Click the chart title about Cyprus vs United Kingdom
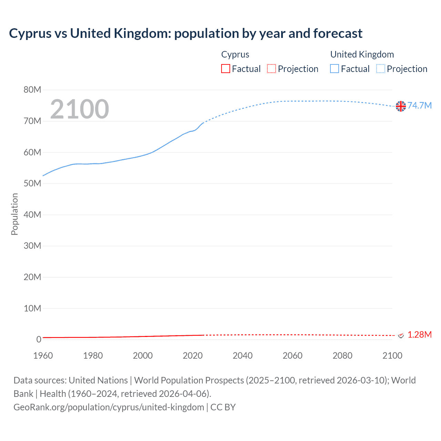coord(185,33)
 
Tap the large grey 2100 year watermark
coord(80,109)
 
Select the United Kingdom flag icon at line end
coord(401,106)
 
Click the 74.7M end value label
coord(419,105)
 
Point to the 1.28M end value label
coord(419,335)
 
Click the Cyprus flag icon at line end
coord(401,335)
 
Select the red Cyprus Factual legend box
coord(225,69)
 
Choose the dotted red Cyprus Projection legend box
coord(271,69)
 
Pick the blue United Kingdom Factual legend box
coord(335,69)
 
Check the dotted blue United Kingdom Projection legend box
coord(381,69)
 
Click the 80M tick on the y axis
coord(32,90)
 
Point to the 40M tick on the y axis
coord(32,215)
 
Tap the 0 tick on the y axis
coord(39,339)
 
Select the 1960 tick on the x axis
coord(43,356)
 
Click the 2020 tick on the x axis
coord(193,356)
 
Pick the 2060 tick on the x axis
coord(293,356)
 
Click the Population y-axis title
coord(14,214)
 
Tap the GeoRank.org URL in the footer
coord(109,407)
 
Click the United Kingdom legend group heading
coord(362,54)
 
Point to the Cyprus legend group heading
coord(235,54)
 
